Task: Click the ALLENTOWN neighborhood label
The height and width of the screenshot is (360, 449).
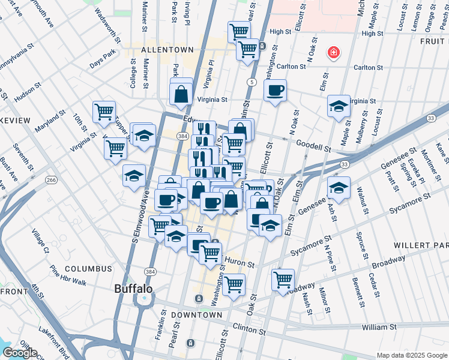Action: point(167,50)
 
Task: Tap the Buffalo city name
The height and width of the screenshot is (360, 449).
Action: point(133,289)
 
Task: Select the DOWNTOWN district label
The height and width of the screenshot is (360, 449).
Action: point(196,315)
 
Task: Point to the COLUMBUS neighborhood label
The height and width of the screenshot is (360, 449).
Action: point(88,269)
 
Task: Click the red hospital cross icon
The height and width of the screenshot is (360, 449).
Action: point(333,53)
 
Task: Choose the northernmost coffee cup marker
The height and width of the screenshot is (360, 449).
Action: point(275,91)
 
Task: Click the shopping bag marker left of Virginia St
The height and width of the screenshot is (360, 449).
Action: point(181,94)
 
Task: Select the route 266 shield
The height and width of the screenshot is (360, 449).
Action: point(52,179)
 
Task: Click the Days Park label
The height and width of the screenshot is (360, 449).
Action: point(102,64)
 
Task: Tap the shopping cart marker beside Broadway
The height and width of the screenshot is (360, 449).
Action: point(283,280)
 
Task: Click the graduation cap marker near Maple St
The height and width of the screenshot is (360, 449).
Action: point(339,106)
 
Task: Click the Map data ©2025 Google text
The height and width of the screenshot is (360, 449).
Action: point(411,355)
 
